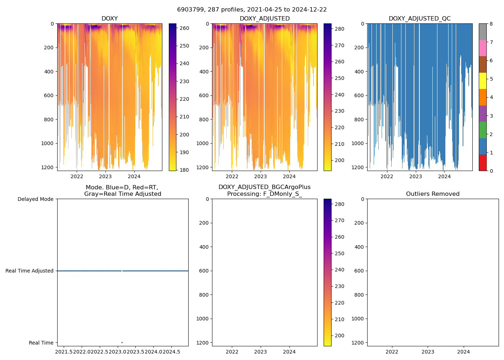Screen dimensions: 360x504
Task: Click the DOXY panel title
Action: tap(109, 19)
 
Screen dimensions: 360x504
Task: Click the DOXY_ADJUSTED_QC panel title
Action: tap(419, 19)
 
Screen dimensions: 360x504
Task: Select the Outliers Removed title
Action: tap(433, 194)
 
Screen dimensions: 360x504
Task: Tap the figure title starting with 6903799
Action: tap(252, 10)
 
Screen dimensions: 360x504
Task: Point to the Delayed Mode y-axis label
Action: tap(35, 199)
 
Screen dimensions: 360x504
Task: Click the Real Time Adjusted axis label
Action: tap(30, 271)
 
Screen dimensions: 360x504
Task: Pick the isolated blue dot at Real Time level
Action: tap(122, 342)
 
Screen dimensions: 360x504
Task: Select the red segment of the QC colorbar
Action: tap(482, 163)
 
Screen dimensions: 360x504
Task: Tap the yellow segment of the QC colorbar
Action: tap(482, 81)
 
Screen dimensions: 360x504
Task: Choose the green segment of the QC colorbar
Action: tap(482, 130)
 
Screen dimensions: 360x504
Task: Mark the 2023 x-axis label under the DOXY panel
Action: tap(105, 176)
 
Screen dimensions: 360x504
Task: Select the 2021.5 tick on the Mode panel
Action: tap(64, 352)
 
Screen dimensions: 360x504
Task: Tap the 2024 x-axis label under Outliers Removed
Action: tap(464, 352)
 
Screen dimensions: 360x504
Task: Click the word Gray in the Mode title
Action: tap(92, 194)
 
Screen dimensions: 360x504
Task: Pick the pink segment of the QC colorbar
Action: tap(482, 48)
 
